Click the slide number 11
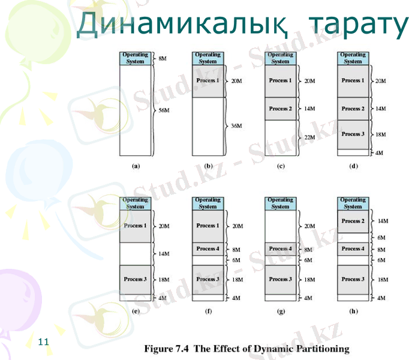click(x=43, y=342)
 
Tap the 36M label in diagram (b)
click(x=236, y=125)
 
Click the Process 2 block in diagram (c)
click(x=280, y=109)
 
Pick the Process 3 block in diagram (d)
click(x=353, y=134)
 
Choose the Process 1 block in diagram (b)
click(x=207, y=80)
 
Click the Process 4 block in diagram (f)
click(x=207, y=248)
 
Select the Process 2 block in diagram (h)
click(x=353, y=221)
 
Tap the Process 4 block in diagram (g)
click(x=280, y=248)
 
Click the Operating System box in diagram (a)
click(x=135, y=58)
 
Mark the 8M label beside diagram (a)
click(x=162, y=59)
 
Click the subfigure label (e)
click(x=135, y=311)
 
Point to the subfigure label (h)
click(x=353, y=311)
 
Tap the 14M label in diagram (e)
click(x=164, y=254)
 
